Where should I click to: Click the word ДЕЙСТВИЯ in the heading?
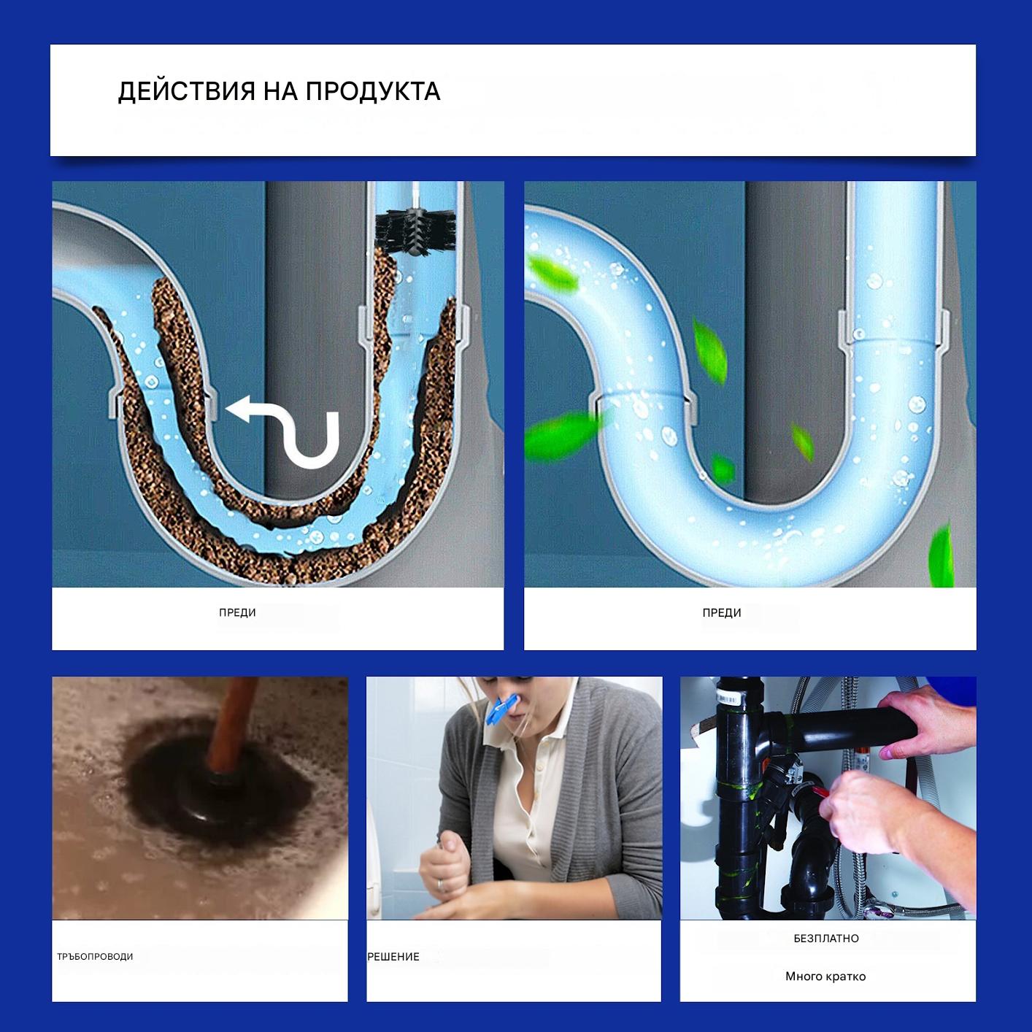pyautogui.click(x=186, y=91)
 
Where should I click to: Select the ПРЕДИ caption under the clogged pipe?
pyautogui.click(x=237, y=612)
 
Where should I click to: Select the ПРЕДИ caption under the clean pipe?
pyautogui.click(x=721, y=612)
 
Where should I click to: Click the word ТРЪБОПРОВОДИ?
pyautogui.click(x=96, y=957)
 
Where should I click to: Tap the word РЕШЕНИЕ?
pyautogui.click(x=393, y=957)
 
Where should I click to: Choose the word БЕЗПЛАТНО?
pyautogui.click(x=825, y=939)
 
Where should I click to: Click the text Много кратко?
pyautogui.click(x=825, y=977)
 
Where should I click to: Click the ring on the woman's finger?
pyautogui.click(x=440, y=883)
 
